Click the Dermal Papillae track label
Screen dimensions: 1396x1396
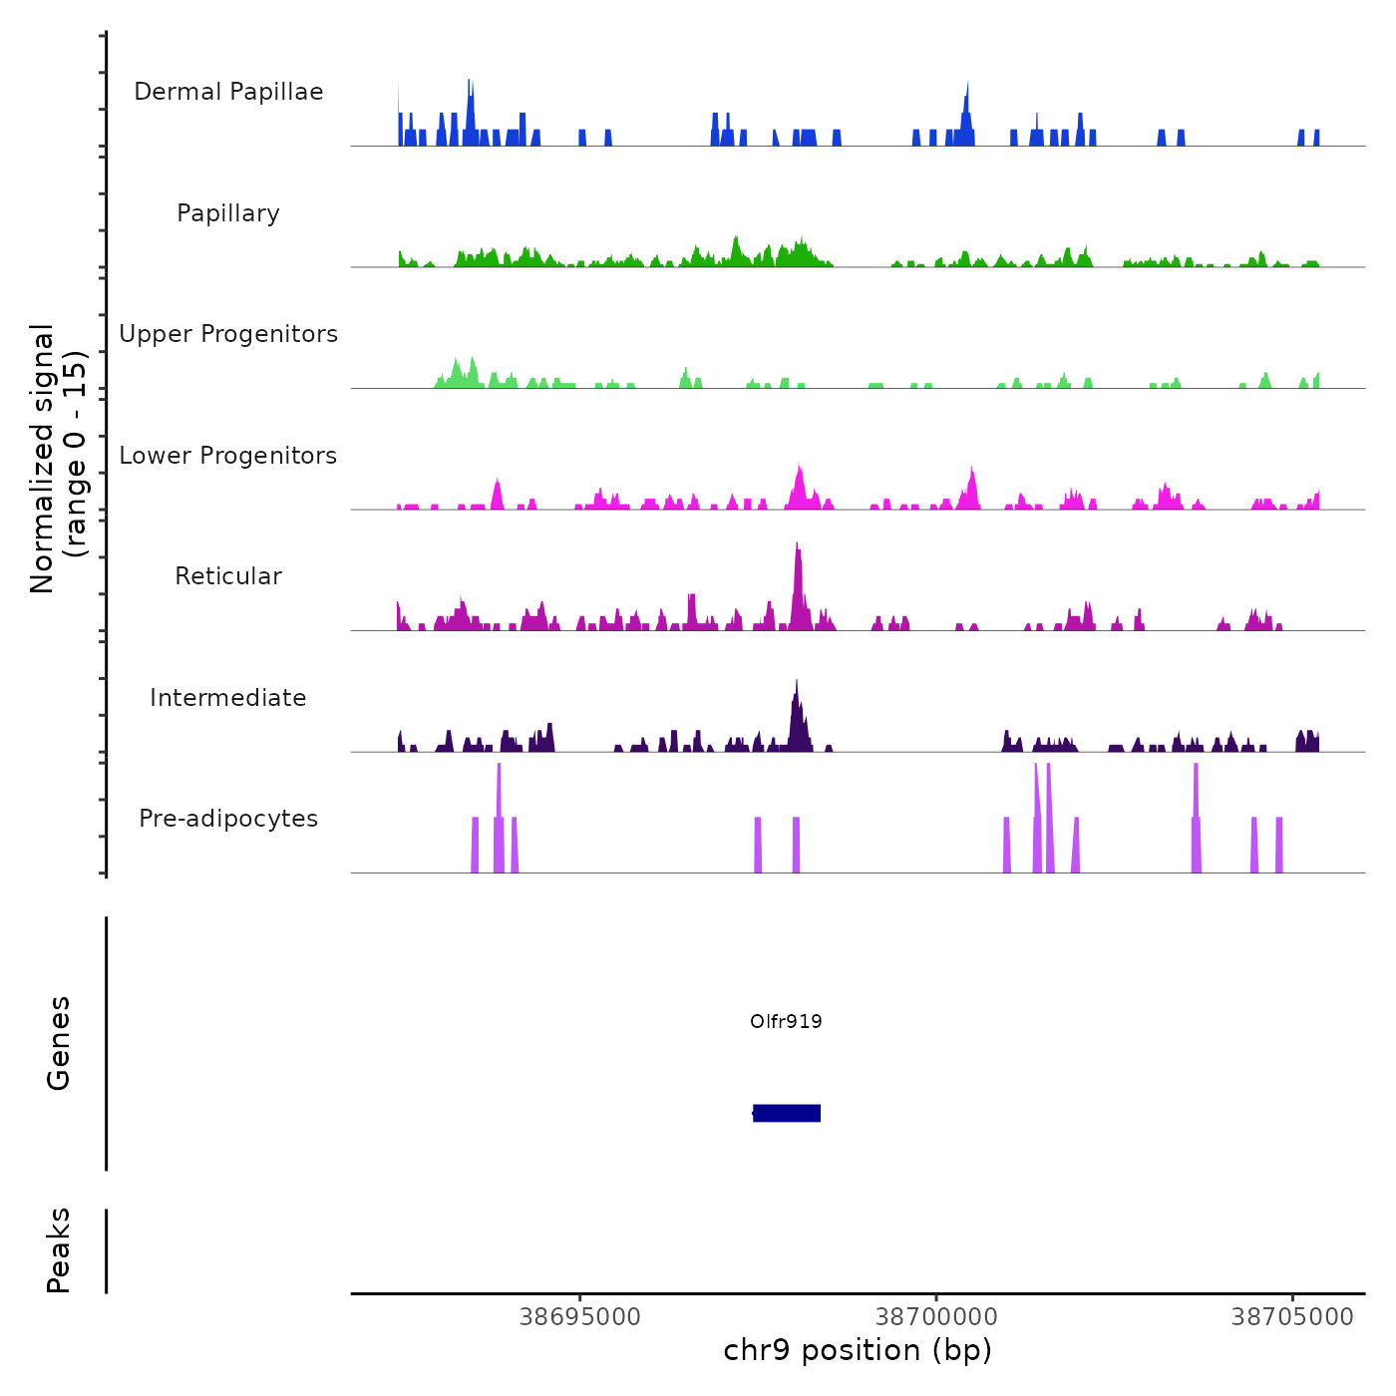(228, 92)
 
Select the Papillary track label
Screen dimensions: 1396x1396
(228, 213)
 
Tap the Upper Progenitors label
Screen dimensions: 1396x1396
(228, 334)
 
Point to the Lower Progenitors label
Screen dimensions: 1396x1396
(228, 456)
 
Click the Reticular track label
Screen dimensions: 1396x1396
(228, 576)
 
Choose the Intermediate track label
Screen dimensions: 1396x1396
(228, 698)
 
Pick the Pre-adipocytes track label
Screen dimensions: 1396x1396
(228, 819)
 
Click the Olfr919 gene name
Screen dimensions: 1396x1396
(786, 1021)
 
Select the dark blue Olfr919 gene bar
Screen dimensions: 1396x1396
(787, 1113)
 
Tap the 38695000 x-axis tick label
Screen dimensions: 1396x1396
(580, 1317)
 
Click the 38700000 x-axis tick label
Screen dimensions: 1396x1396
(936, 1317)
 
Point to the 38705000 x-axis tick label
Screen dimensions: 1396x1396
(1292, 1317)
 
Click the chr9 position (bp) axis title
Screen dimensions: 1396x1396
(858, 1350)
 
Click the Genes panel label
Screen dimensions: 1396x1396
(59, 1043)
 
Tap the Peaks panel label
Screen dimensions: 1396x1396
(59, 1250)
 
